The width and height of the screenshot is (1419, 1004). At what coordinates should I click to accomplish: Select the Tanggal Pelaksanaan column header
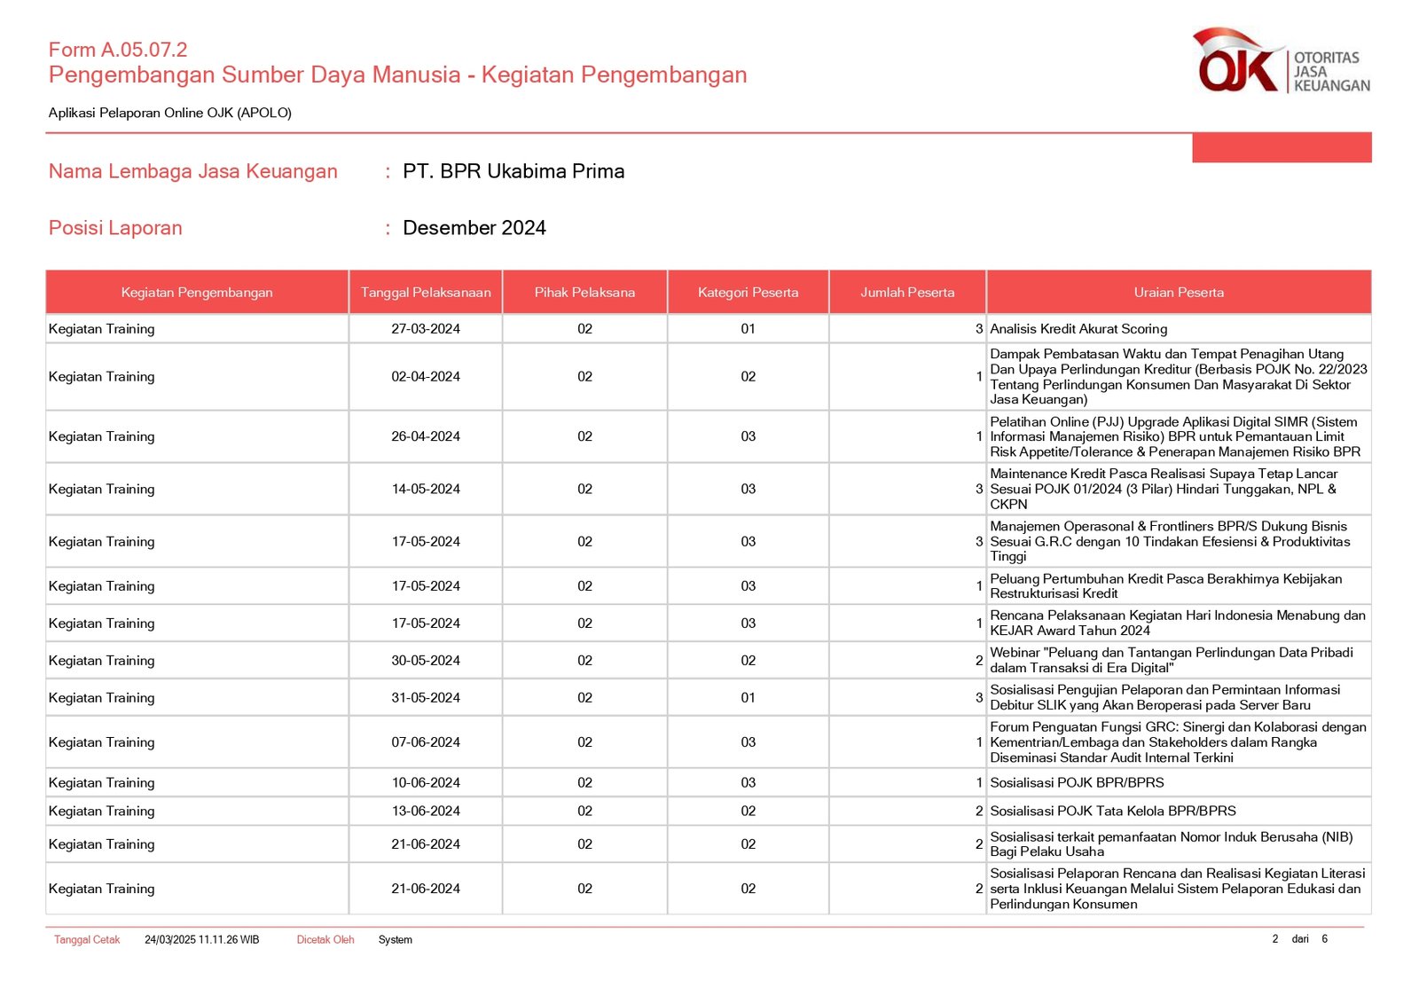[426, 293]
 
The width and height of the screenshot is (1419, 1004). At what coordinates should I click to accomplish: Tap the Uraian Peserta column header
[1178, 293]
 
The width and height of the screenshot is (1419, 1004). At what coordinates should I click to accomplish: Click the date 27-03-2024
[426, 329]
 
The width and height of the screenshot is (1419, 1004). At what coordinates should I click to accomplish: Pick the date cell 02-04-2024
[426, 377]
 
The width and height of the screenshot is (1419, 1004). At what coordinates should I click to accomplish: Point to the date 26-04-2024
[426, 436]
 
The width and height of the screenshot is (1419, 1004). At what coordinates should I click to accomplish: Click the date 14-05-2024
[426, 489]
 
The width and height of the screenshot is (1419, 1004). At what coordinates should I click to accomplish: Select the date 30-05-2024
[426, 661]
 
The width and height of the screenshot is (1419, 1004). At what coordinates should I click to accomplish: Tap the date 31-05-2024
[426, 698]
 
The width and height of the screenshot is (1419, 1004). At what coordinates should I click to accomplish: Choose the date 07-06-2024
[426, 742]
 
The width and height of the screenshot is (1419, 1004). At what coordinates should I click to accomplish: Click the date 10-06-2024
[426, 783]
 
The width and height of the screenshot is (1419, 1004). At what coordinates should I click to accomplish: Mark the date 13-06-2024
[426, 812]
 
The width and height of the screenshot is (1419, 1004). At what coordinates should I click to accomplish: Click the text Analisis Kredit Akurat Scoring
[1078, 329]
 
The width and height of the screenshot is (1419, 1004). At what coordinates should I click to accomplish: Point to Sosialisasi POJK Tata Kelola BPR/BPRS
[1112, 812]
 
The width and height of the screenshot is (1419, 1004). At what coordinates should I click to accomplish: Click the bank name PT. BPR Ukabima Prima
[514, 171]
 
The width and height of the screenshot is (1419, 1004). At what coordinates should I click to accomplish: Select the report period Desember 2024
[474, 228]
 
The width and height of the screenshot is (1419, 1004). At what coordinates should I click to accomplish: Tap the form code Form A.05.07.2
[118, 50]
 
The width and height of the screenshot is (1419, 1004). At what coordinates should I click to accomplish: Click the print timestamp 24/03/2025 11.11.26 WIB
[202, 940]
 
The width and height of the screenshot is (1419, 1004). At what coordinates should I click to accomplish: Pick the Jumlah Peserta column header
[907, 293]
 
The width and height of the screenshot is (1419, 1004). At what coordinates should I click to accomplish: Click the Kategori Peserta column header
[748, 293]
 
